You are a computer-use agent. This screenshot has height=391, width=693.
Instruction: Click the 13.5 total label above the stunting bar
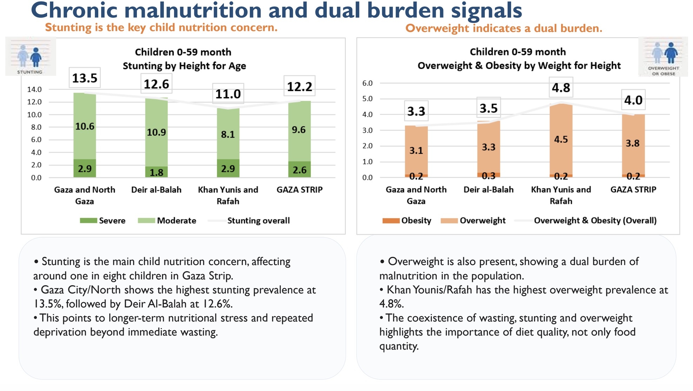coord(85,78)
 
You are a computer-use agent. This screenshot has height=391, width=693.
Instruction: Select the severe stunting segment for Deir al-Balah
coord(156,172)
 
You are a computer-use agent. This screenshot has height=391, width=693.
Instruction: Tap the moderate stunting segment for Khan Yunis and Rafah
coord(228,134)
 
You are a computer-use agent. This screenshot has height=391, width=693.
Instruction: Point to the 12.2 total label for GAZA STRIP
coord(299,86)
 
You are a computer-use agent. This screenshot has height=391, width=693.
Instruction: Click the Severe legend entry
coord(103,220)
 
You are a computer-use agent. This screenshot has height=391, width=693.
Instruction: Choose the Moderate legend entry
coord(167,220)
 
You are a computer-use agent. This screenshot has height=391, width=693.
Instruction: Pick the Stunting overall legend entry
coord(249,220)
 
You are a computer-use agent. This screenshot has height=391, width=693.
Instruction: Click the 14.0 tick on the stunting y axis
coord(34,89)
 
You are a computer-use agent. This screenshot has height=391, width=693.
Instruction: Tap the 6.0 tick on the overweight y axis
coord(367,83)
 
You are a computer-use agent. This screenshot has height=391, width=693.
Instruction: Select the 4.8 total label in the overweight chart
coord(561,87)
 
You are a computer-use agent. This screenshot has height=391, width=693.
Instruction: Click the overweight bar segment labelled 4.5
coord(561,139)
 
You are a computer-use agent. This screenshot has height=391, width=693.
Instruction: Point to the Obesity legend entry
coord(407,220)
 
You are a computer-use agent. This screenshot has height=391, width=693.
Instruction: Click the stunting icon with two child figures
coord(31,57)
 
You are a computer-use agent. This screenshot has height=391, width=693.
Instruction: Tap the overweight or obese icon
coord(663,57)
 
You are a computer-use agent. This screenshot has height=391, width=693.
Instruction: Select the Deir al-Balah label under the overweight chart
coord(488,190)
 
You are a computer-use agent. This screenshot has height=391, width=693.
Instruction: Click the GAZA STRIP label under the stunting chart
coord(299,190)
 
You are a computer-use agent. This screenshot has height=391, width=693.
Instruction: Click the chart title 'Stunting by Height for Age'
coord(184,66)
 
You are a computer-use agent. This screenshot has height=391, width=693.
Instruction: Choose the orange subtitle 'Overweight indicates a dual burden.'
coord(504,28)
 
